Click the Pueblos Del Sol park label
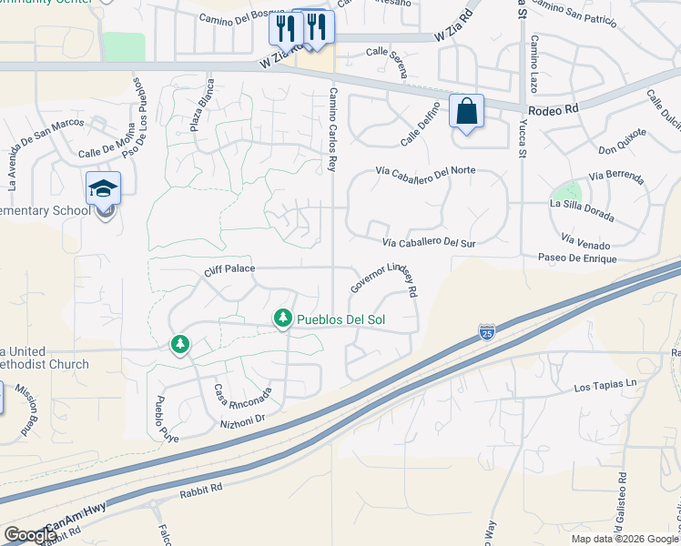(338, 319)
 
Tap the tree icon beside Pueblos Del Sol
(283, 318)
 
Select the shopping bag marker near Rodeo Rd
(466, 112)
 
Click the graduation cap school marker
(103, 189)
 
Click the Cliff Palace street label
(229, 268)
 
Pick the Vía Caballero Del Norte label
(426, 170)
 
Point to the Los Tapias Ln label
(605, 387)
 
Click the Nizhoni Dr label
(241, 419)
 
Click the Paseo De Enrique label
(577, 259)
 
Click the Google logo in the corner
(30, 534)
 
